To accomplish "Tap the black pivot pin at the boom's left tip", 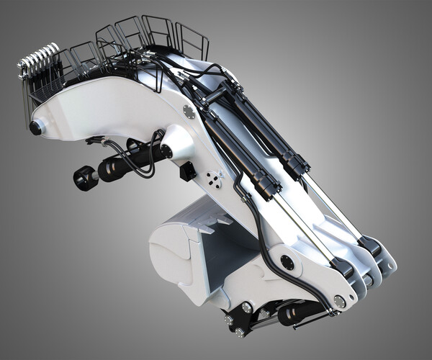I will pos(35,128).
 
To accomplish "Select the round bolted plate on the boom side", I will pos(189,112).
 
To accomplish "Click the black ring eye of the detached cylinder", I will pos(85,178).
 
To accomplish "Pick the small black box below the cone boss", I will pos(188,171).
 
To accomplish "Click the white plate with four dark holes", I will pos(214,179).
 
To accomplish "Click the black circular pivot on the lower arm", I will pos(287,262).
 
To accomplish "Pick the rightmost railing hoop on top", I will pos(192,42).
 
